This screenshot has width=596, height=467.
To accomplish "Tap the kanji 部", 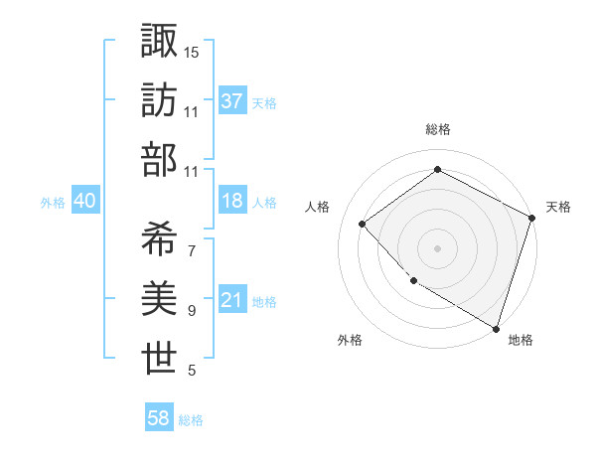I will pyautogui.click(x=160, y=160).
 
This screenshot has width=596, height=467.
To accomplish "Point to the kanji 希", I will pyautogui.click(x=160, y=238).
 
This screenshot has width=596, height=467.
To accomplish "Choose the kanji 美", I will pyautogui.click(x=160, y=299).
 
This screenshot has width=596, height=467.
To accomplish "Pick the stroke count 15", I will pyautogui.click(x=192, y=51).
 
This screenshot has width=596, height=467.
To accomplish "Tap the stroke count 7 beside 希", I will pyautogui.click(x=192, y=250).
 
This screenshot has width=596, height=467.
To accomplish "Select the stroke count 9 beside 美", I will pyautogui.click(x=192, y=311).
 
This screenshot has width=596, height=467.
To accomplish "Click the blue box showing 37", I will pyautogui.click(x=231, y=101).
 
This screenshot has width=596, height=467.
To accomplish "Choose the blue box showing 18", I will pyautogui.click(x=231, y=201).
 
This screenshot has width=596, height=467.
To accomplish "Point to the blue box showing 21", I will pyautogui.click(x=231, y=300).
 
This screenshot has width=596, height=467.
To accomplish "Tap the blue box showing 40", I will pyautogui.click(x=84, y=201).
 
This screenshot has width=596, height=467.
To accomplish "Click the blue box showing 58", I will pyautogui.click(x=158, y=418).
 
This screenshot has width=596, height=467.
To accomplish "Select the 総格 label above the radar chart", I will pyautogui.click(x=438, y=130).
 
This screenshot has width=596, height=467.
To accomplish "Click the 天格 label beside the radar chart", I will pyautogui.click(x=558, y=207).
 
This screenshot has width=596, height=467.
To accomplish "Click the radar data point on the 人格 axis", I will pyautogui.click(x=363, y=224).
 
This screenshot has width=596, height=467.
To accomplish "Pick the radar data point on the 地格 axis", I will pyautogui.click(x=496, y=327).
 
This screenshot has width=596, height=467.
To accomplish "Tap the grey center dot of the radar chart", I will pyautogui.click(x=438, y=247).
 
